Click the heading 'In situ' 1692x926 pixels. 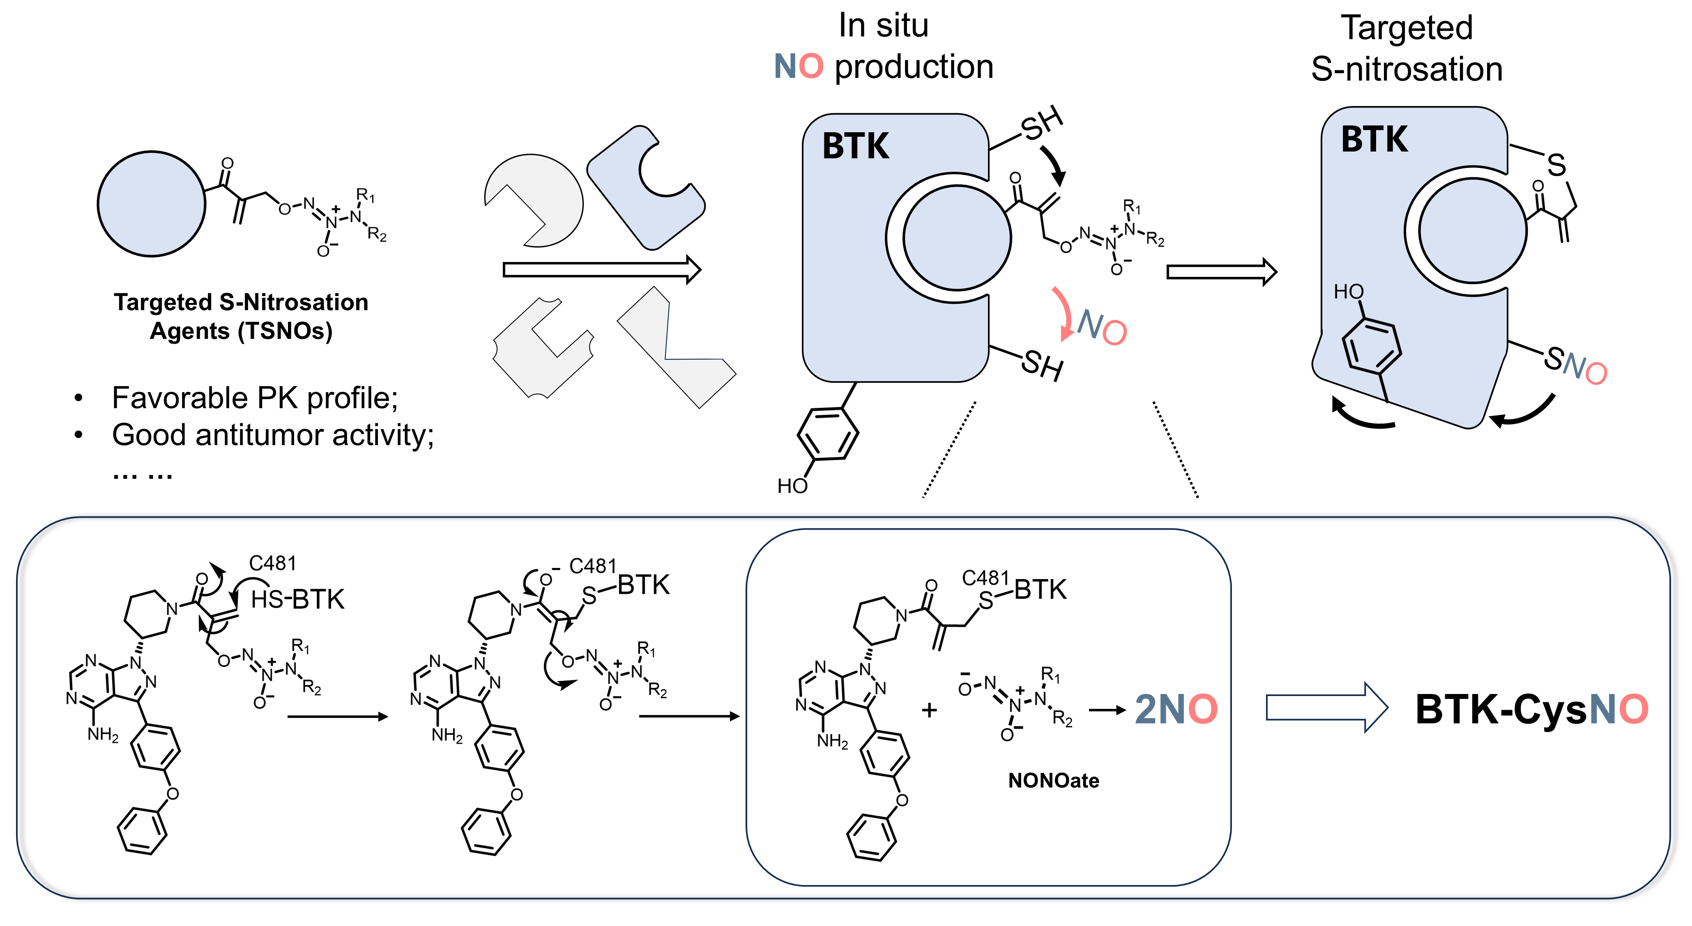click(x=884, y=26)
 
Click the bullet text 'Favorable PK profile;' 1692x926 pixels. click(x=255, y=398)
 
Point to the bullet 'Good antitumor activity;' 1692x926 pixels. click(x=273, y=435)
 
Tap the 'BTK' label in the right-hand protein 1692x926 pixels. click(x=1374, y=139)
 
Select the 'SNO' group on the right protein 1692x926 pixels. click(x=1575, y=365)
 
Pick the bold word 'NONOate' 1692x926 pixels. click(x=1053, y=780)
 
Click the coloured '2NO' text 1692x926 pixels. click(x=1176, y=709)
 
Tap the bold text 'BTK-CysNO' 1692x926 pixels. click(x=1531, y=709)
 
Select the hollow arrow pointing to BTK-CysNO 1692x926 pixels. click(x=1326, y=707)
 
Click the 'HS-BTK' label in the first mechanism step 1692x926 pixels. click(x=297, y=599)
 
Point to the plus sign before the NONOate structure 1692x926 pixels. click(x=929, y=710)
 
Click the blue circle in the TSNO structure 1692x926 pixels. click(x=151, y=204)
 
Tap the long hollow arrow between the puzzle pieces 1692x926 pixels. click(x=601, y=269)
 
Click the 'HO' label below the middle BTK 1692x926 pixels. click(x=792, y=486)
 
